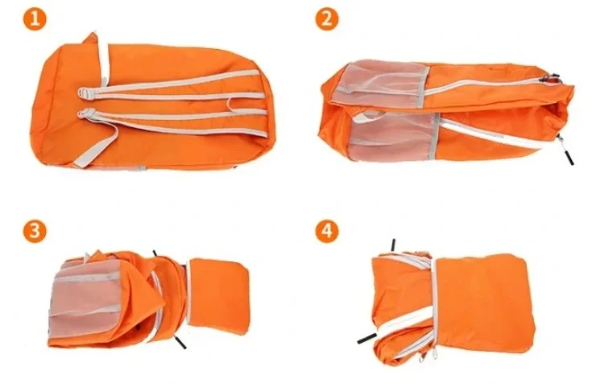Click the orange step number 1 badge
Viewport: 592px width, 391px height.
tap(35, 19)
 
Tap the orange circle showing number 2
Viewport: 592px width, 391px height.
tap(327, 19)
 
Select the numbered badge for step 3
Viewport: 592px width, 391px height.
tap(35, 231)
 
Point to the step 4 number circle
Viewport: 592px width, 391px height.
tap(327, 231)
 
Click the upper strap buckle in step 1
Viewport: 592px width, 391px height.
tap(85, 93)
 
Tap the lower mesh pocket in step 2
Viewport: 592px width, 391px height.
tap(393, 137)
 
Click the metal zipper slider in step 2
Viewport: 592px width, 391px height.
tap(551, 78)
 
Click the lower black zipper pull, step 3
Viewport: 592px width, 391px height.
tap(180, 343)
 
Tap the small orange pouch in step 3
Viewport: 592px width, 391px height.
tap(217, 297)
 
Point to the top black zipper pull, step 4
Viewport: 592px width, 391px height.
tap(393, 245)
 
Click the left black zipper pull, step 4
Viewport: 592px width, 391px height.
tap(367, 338)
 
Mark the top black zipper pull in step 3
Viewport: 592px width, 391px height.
tap(155, 253)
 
